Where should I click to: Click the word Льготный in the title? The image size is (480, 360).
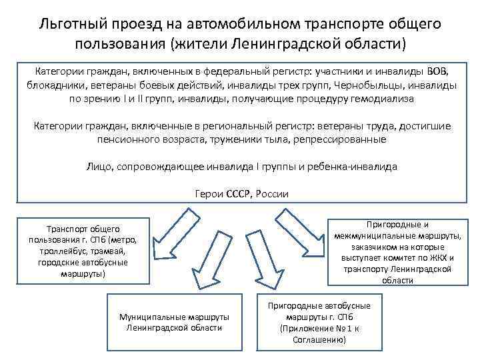pos(75,25)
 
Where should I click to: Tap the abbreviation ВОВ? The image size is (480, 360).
pos(438,71)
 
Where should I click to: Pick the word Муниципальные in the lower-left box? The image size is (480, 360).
pos(147,317)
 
